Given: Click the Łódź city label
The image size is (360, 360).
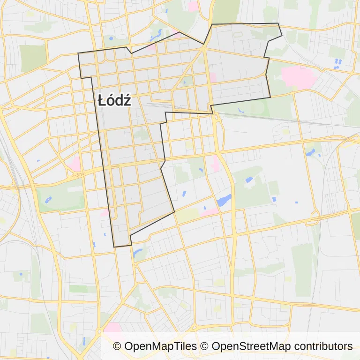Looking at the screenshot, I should [114, 100].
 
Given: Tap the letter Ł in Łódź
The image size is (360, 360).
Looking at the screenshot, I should [103, 100].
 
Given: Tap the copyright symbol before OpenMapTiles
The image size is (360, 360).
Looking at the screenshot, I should [117, 346].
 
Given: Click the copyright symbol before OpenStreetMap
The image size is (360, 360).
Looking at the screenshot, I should [205, 346].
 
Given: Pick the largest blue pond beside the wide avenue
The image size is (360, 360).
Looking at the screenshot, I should [224, 200].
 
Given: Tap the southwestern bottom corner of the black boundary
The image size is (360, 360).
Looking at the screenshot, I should [114, 247].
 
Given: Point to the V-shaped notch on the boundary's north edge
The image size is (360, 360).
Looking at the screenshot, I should [132, 53].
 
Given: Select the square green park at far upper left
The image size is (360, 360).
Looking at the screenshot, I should [33, 58].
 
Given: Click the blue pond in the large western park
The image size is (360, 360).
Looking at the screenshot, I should [48, 200].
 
